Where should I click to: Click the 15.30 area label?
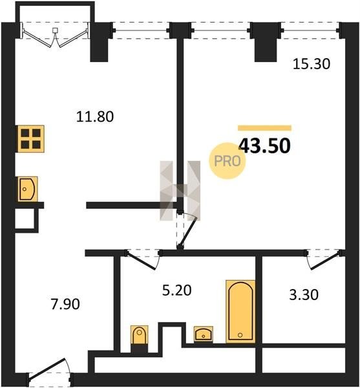coord(312,64)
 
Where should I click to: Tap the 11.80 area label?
coord(95,116)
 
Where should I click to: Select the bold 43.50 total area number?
coord(264,145)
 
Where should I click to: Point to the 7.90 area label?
coord(65,304)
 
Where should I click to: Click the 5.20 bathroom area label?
coord(177,290)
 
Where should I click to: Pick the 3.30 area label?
coord(304,295)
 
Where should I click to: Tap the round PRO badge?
coord(228,161)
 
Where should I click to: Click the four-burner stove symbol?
coord(30,139)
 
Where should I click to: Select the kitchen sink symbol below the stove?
coord(27,189)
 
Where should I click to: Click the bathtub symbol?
coord(240,312)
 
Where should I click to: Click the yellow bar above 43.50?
coord(264,128)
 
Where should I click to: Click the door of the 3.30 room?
coord(323,259)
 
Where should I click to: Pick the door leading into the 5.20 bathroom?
coord(142,259)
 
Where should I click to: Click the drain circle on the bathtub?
coord(240,335)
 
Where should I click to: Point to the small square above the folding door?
coord(55,30)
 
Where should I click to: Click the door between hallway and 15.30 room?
coord(186,229)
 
